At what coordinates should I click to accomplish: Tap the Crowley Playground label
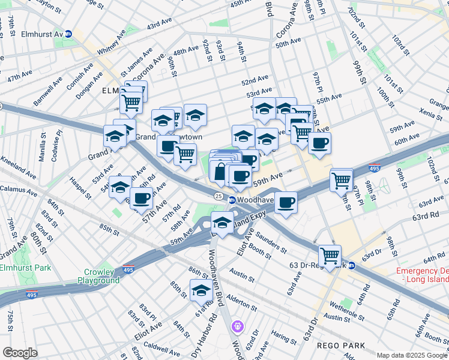coord(98,276)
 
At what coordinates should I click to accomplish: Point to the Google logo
coord(20,353)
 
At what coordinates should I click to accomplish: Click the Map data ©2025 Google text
coord(412,355)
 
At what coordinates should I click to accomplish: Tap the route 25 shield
coord(219,197)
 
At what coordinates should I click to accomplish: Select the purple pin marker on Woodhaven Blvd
coord(238,326)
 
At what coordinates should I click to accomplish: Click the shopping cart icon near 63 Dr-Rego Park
coord(330,256)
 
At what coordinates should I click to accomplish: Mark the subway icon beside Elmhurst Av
coord(69,34)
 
